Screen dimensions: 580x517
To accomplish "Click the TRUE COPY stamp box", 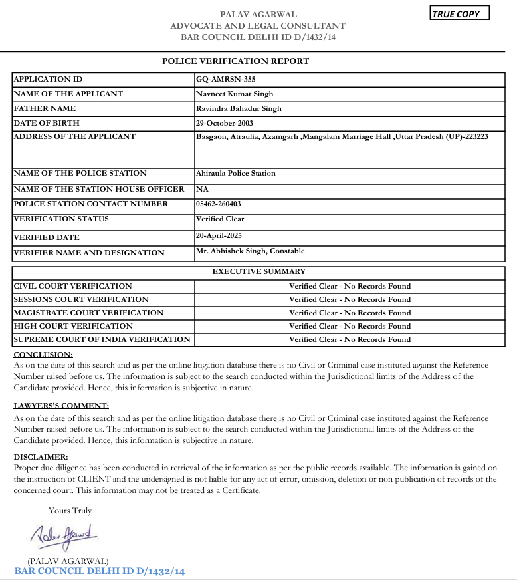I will point(459,14).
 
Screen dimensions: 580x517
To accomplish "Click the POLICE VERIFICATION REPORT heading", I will point(236,61).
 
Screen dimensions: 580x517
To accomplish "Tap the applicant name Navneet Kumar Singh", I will point(235,94).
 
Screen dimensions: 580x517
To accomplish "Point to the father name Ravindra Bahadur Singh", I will point(239,108).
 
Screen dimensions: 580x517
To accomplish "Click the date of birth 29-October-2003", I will point(224,123).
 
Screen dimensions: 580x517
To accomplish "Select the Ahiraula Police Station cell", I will point(235,173).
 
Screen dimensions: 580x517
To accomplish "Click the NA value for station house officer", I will point(202,189).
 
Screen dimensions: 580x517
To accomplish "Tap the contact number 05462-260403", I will point(218,204).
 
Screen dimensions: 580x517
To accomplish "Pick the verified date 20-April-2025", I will point(221,235).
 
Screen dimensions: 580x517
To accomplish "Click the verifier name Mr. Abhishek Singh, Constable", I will point(250,251).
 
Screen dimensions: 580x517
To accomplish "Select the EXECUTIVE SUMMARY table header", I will point(258,271).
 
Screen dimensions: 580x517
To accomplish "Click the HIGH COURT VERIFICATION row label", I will point(73,326).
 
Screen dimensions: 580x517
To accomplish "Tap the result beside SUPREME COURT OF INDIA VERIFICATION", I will point(350,339).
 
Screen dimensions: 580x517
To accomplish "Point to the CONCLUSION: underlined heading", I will point(43,355).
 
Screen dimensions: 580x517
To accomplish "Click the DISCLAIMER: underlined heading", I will point(41,457).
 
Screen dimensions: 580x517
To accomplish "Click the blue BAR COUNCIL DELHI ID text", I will point(99,571).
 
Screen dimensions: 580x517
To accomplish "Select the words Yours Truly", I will point(70,511).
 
